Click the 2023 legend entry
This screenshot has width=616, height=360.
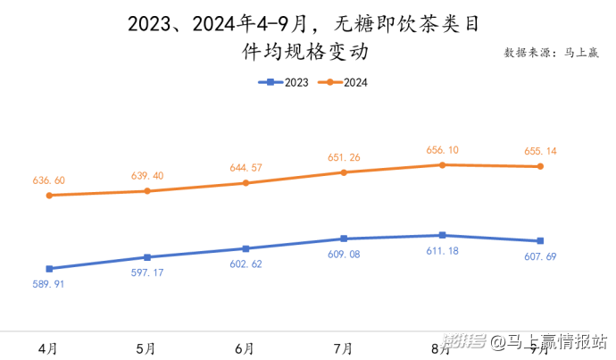pos(284,83)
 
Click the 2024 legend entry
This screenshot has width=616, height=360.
pos(344,83)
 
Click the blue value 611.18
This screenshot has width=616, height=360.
pos(441,251)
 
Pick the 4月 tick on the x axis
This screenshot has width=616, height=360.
pos(49,347)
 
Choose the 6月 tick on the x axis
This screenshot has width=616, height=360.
pos(246,347)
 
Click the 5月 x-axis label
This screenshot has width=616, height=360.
pos(147,347)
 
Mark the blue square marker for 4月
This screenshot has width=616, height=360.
pos(49,269)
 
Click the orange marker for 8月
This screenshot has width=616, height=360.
pos(442,164)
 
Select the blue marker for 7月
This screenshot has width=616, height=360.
pos(344,239)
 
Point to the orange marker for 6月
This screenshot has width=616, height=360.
pos(246,183)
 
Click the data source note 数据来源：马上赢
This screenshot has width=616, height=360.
pos(553,53)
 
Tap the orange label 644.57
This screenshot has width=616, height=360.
pos(246,168)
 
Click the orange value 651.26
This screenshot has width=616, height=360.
pos(344,157)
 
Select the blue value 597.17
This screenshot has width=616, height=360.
pos(147,272)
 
